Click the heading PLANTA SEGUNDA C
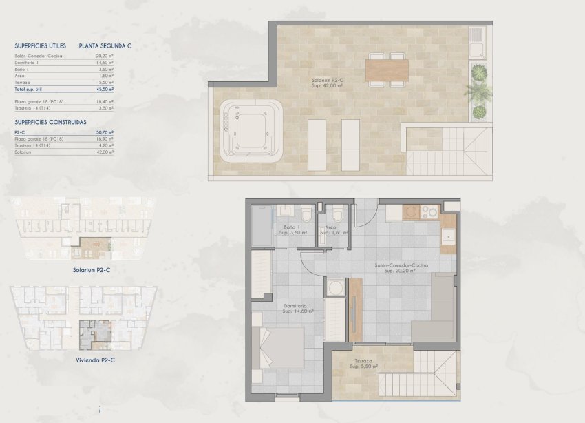point(105,46)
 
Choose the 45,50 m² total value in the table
point(105,90)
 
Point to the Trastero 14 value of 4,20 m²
point(105,145)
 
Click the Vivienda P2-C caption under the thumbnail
point(92,360)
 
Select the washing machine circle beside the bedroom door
point(336,288)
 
